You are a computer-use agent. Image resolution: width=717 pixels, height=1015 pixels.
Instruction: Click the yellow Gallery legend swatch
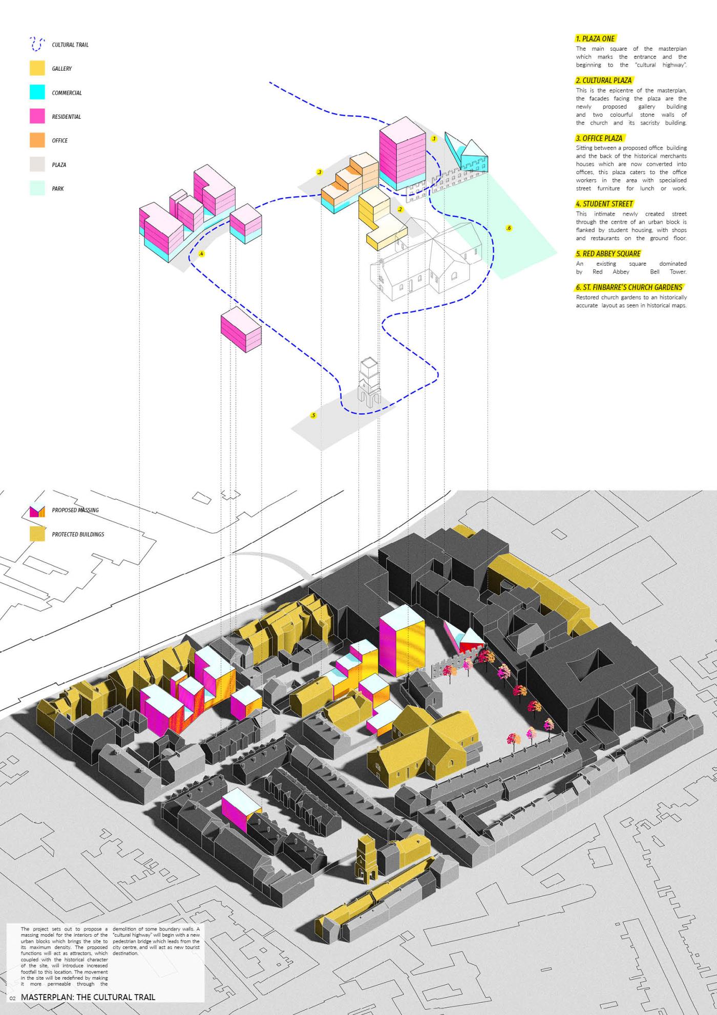(37, 69)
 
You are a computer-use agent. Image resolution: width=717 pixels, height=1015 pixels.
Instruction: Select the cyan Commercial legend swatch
(37, 92)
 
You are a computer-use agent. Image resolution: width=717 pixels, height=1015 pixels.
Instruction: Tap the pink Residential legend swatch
(37, 116)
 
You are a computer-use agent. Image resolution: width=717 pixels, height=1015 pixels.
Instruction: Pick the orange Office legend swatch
(37, 140)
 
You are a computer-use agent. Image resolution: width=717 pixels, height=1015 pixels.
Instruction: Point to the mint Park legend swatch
(37, 188)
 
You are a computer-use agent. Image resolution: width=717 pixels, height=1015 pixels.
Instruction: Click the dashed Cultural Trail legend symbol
(37, 44)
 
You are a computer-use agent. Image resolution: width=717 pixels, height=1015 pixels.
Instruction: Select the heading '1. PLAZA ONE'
(595, 38)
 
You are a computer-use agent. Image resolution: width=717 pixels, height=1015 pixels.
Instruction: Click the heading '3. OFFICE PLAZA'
(599, 138)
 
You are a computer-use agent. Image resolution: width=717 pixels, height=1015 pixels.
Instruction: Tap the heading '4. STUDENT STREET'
(604, 204)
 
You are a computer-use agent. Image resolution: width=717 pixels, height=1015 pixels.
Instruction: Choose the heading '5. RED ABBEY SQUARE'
(608, 253)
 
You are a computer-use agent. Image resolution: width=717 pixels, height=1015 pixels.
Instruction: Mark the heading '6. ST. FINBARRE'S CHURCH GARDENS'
(629, 287)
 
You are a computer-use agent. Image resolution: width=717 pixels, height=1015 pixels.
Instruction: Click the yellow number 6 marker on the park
(509, 228)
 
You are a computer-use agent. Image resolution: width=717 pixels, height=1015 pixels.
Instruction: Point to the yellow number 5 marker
(313, 415)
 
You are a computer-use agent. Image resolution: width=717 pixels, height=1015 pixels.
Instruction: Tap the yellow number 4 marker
(201, 253)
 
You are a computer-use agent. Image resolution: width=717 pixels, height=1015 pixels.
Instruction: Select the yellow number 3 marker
(320, 172)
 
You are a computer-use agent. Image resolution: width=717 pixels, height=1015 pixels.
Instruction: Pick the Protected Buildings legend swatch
(37, 534)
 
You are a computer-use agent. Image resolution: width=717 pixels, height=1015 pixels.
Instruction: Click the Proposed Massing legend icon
(37, 511)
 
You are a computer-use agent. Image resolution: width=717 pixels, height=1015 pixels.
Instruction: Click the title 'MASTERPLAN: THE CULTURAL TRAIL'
(88, 997)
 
